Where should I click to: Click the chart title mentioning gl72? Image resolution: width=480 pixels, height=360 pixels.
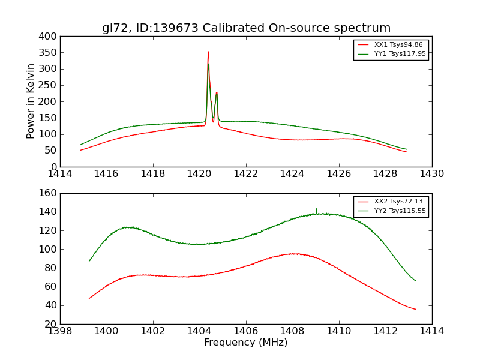coord(246,28)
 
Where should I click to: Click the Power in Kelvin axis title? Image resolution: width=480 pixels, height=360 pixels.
coord(31,101)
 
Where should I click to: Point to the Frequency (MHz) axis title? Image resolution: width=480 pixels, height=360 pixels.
coord(246,343)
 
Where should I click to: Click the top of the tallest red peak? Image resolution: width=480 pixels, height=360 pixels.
coord(208,52)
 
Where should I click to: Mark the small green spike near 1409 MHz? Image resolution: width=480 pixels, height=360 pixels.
coord(317,209)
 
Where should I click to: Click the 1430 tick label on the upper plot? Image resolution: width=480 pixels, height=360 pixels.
coord(432,174)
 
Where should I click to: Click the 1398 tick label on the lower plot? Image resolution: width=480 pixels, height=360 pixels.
coord(60,331)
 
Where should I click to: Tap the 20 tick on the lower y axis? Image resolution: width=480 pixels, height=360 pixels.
coord(52,324)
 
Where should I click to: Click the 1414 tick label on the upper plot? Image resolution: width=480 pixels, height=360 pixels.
coord(60,174)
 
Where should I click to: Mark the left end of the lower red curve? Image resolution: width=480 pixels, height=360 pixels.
coord(89,298)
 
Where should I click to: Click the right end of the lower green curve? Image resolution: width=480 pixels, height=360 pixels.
coord(415,280)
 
